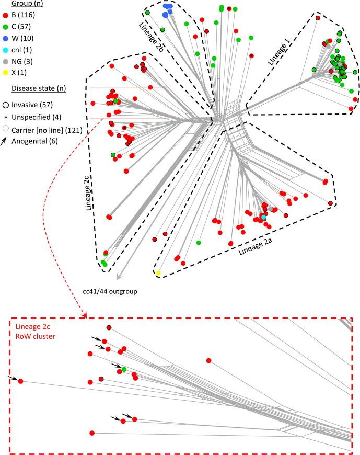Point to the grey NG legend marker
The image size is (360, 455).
click(x=5, y=55)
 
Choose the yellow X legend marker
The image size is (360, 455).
click(x=5, y=65)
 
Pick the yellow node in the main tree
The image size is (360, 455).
click(x=158, y=273)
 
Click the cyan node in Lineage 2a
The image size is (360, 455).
click(x=264, y=217)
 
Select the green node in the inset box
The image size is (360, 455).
click(x=124, y=370)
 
